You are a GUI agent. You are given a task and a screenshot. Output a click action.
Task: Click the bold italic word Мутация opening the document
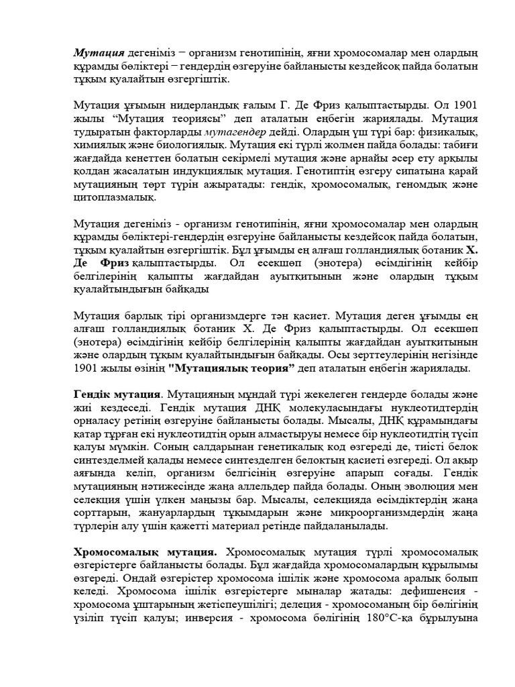(x=99, y=53)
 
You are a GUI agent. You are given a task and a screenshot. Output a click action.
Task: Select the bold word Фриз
(x=113, y=260)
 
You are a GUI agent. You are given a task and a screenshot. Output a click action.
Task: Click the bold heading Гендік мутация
(x=117, y=394)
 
